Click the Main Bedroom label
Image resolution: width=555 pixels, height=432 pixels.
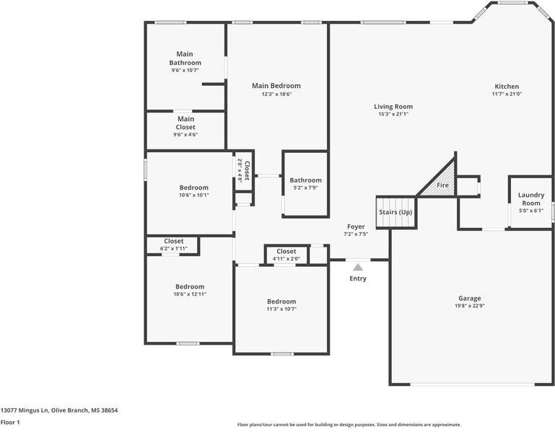click(276, 86)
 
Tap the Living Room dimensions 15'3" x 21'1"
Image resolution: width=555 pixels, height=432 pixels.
click(393, 114)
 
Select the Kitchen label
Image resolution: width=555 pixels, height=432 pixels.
click(506, 86)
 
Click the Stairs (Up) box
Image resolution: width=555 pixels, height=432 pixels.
click(396, 212)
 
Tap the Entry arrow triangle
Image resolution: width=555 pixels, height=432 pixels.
click(357, 267)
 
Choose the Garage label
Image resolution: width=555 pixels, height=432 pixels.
click(469, 298)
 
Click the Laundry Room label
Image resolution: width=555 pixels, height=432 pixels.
click(531, 198)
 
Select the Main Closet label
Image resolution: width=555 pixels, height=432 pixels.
click(185, 123)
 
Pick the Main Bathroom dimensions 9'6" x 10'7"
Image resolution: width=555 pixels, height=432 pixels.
click(185, 71)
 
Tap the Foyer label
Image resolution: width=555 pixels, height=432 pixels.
click(356, 226)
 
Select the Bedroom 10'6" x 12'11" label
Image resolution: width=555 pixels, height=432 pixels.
click(189, 286)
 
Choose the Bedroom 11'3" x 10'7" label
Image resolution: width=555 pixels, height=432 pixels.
click(281, 301)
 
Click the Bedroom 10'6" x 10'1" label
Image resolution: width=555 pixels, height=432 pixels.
click(193, 188)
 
